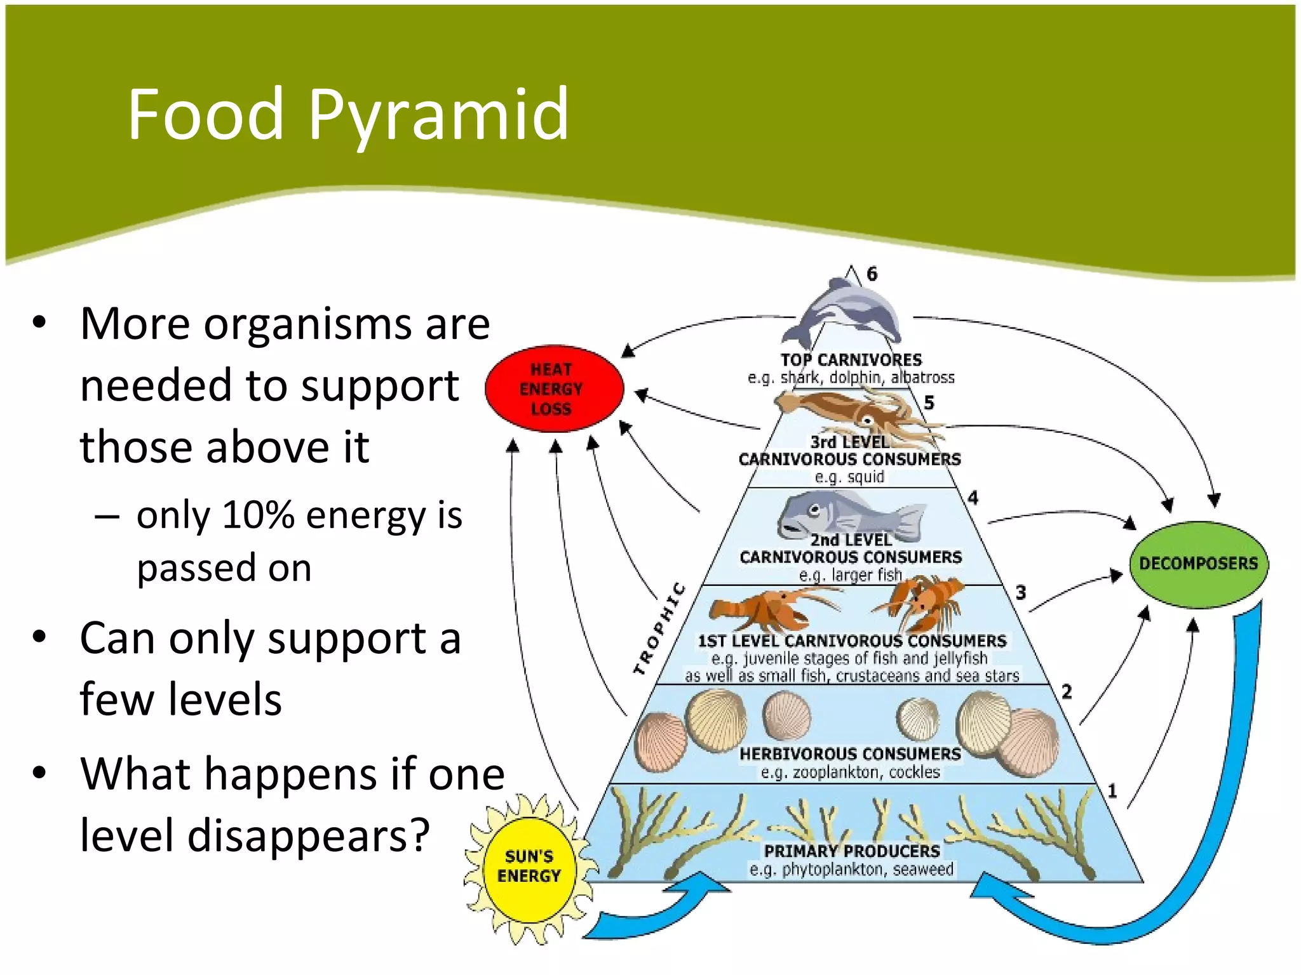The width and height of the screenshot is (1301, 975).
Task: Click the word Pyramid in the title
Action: pyautogui.click(x=438, y=116)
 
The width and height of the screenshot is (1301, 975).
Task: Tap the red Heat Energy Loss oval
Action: pyautogui.click(x=553, y=389)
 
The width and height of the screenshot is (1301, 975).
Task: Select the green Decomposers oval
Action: pyautogui.click(x=1198, y=564)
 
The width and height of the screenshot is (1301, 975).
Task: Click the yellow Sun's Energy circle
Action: pyautogui.click(x=529, y=867)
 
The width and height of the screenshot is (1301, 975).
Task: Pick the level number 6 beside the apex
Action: pyautogui.click(x=872, y=274)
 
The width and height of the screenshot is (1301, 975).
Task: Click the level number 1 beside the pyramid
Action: pyautogui.click(x=1112, y=791)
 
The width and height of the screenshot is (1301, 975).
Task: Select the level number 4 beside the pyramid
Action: pyautogui.click(x=973, y=498)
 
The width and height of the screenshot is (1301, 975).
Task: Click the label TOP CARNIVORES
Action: pyautogui.click(x=851, y=360)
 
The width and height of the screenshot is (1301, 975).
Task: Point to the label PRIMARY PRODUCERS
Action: pyautogui.click(x=852, y=851)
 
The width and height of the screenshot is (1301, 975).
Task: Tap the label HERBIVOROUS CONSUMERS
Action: pyautogui.click(x=850, y=754)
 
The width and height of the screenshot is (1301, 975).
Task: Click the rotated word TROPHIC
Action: pyautogui.click(x=659, y=628)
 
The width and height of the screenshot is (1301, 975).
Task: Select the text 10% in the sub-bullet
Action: pyautogui.click(x=259, y=515)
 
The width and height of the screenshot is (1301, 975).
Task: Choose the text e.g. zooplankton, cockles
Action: pyautogui.click(x=850, y=773)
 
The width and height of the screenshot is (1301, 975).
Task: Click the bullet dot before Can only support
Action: pyautogui.click(x=40, y=637)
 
